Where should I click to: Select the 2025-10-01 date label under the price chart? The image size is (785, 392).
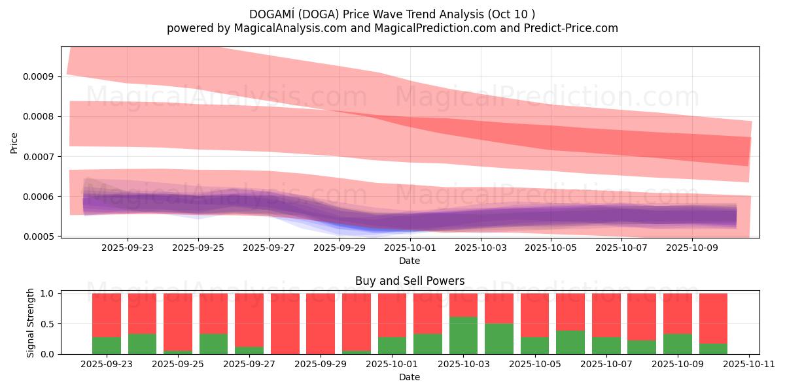(410, 248)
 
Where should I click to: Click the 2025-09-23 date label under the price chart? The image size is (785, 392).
(128, 248)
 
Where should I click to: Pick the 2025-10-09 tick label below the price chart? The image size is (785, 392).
(692, 248)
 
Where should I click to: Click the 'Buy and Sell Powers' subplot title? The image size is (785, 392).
(410, 281)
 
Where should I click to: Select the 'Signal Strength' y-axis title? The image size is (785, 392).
(31, 323)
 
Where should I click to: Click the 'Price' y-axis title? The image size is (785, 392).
(14, 142)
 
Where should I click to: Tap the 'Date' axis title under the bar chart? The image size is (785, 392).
(410, 377)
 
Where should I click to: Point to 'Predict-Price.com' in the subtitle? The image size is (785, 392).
(575, 28)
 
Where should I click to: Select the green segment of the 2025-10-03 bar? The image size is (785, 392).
(463, 336)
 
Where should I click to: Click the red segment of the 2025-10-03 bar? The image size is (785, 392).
(463, 305)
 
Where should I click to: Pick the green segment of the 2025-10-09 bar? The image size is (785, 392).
(677, 344)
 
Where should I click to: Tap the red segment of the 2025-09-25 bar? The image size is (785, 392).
(178, 321)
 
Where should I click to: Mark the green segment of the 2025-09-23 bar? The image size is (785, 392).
(107, 346)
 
